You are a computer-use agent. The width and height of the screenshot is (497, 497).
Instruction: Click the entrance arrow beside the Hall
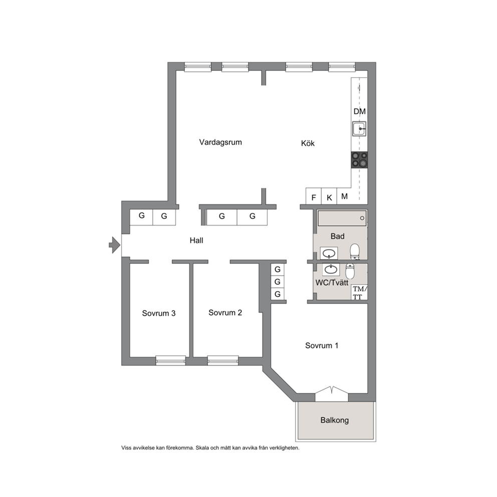click(114, 245)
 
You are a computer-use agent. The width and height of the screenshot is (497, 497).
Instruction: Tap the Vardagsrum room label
click(220, 142)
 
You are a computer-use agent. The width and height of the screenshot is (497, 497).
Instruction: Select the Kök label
click(308, 143)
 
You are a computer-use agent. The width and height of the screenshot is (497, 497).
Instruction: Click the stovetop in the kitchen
click(359, 160)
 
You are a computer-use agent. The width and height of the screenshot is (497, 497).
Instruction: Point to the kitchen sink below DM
click(359, 129)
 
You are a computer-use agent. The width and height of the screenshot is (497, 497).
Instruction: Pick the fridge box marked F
click(314, 196)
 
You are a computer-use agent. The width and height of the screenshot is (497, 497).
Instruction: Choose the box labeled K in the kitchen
click(329, 196)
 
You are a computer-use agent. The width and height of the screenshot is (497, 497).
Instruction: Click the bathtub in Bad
click(342, 218)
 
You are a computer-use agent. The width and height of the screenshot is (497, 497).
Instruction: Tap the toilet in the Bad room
click(355, 252)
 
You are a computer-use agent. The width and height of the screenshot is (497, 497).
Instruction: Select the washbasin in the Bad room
click(329, 254)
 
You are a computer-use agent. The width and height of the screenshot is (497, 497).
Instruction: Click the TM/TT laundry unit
click(359, 292)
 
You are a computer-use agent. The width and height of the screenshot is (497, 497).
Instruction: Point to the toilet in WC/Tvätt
click(350, 271)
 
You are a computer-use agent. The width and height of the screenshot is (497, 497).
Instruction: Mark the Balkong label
click(334, 420)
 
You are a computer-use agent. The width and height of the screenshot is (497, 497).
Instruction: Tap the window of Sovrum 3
click(170, 360)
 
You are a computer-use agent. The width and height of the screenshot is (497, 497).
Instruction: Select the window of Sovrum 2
click(223, 360)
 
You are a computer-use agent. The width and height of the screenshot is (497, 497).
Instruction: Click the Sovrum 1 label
click(322, 346)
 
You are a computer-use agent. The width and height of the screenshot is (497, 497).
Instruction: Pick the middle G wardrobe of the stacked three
click(278, 282)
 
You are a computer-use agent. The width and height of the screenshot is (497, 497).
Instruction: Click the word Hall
click(196, 240)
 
